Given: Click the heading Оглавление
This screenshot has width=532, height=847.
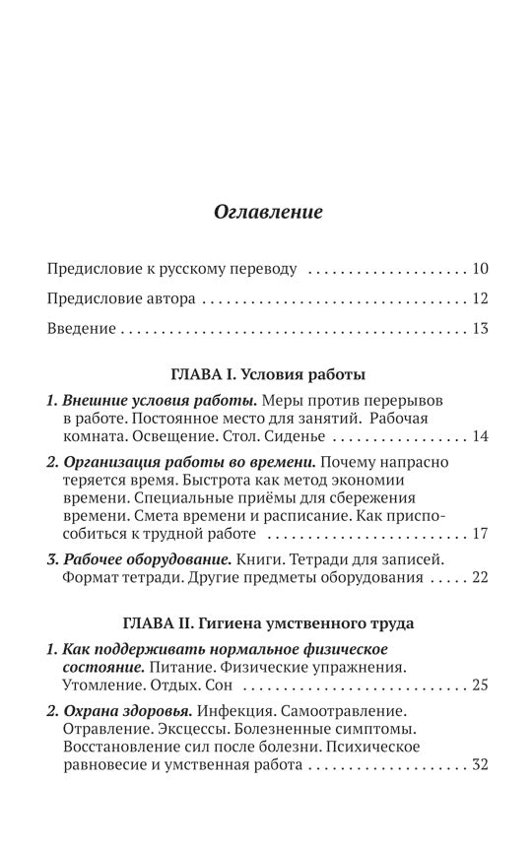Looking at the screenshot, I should pos(268,212).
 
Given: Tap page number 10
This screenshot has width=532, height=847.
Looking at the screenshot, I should pos(480,268).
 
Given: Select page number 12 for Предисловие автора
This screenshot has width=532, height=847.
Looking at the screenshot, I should pos(480,298).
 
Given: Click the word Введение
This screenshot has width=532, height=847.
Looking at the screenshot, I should pos(81,328).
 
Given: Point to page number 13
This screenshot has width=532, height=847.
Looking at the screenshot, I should pos(480,328).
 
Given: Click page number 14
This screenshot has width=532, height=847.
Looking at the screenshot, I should pos(480,436).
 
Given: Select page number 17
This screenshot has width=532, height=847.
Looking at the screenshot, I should pos(480,534).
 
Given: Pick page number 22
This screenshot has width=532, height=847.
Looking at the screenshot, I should pos(480,577).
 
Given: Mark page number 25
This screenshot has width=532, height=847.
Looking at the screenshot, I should pos(480,684).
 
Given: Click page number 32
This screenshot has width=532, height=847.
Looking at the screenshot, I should pos(480,764).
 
